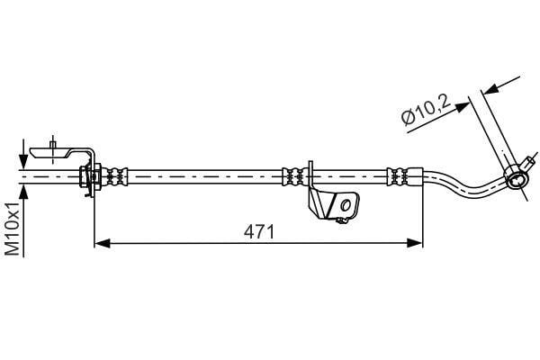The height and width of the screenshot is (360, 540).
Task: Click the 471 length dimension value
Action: click(x=259, y=232)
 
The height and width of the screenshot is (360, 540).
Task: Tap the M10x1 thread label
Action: click(x=13, y=229)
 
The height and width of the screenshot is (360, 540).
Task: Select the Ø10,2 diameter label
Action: click(x=426, y=110)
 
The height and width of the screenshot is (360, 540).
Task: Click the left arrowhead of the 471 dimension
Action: click(x=102, y=243)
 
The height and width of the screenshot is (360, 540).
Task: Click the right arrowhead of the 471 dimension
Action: click(x=414, y=243)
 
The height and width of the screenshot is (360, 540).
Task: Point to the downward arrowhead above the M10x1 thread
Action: click(x=23, y=161)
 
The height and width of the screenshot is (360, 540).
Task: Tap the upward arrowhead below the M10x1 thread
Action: click(x=23, y=192)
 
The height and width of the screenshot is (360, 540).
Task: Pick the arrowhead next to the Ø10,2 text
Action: click(x=462, y=107)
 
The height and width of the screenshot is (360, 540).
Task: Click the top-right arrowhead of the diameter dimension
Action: click(x=490, y=88)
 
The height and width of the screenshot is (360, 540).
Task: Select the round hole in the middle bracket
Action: click(x=346, y=206)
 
